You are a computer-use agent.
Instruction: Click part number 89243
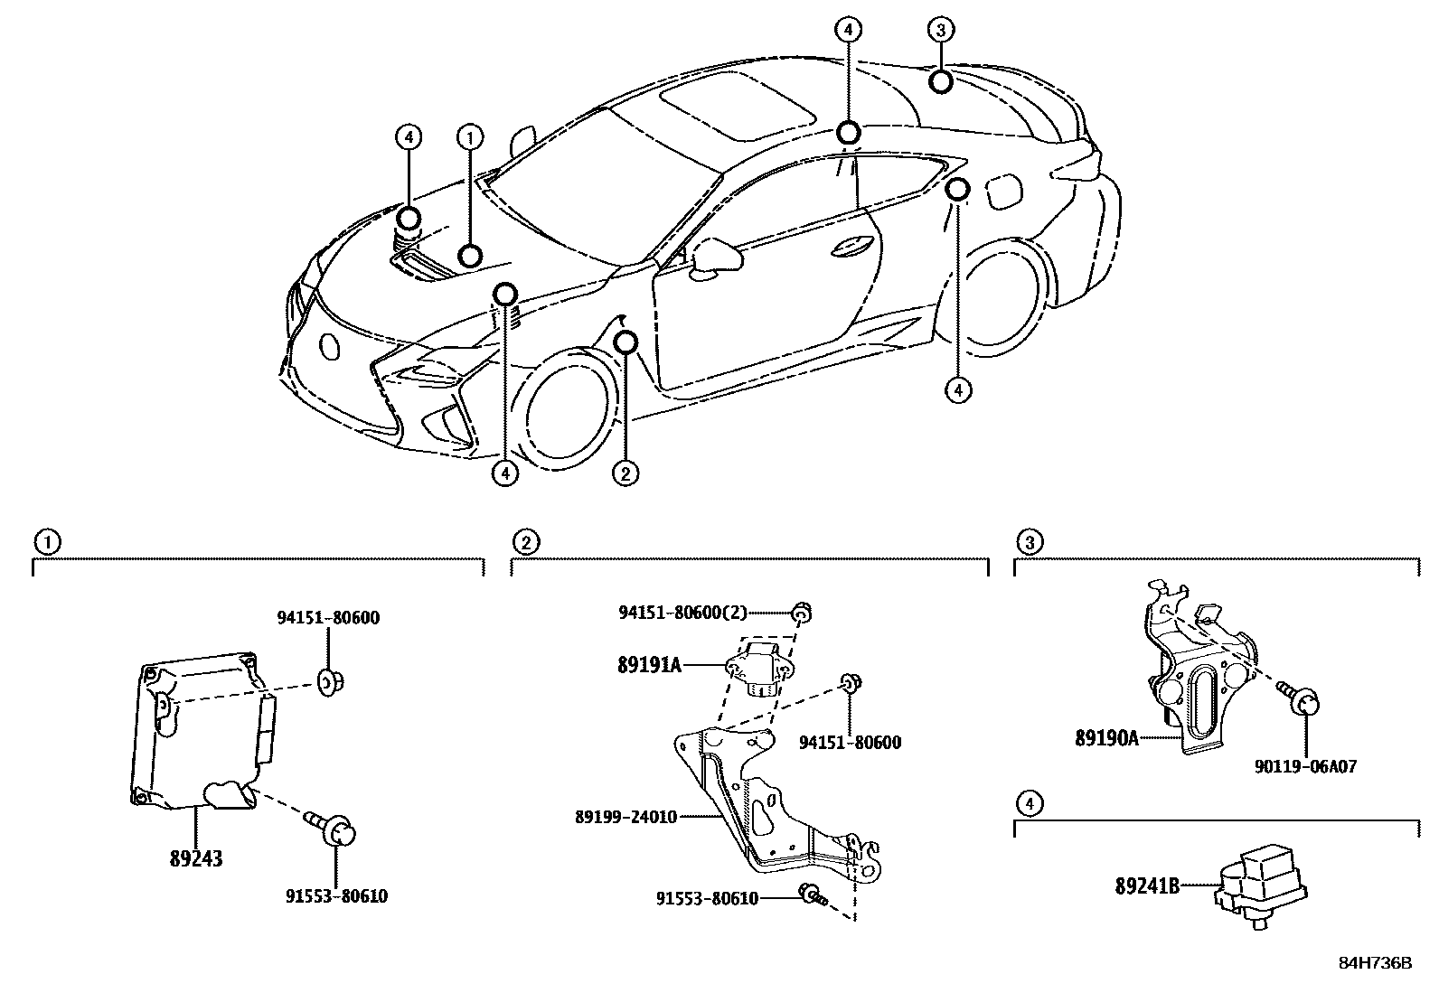click(196, 858)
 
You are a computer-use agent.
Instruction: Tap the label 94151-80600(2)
click(682, 613)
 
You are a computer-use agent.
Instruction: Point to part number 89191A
click(649, 666)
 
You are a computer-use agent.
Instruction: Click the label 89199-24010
click(625, 817)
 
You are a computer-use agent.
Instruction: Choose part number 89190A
click(1105, 738)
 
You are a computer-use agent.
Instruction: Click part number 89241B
click(1147, 886)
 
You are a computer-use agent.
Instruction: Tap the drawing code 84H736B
click(1375, 963)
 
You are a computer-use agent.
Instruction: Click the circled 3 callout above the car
click(940, 30)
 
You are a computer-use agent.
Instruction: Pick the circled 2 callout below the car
click(625, 472)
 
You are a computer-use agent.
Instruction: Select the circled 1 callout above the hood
click(469, 137)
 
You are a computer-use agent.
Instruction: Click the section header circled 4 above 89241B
click(1029, 802)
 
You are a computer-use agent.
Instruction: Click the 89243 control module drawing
click(199, 732)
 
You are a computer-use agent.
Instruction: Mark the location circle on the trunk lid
click(940, 82)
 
